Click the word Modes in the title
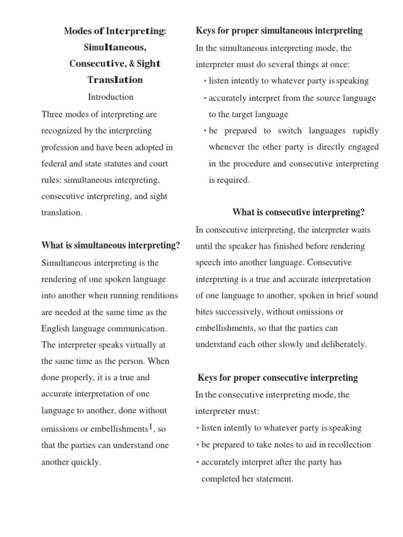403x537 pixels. click(x=76, y=31)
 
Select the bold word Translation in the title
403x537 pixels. click(x=114, y=80)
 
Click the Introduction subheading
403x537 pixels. click(x=110, y=97)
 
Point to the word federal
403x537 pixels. click(x=53, y=164)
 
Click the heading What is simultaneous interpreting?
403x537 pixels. click(x=111, y=245)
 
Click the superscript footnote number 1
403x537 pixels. click(x=151, y=427)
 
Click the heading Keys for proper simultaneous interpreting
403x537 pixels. click(x=279, y=31)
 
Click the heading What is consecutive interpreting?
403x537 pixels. click(x=298, y=212)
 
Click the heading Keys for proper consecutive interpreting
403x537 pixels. click(x=278, y=378)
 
